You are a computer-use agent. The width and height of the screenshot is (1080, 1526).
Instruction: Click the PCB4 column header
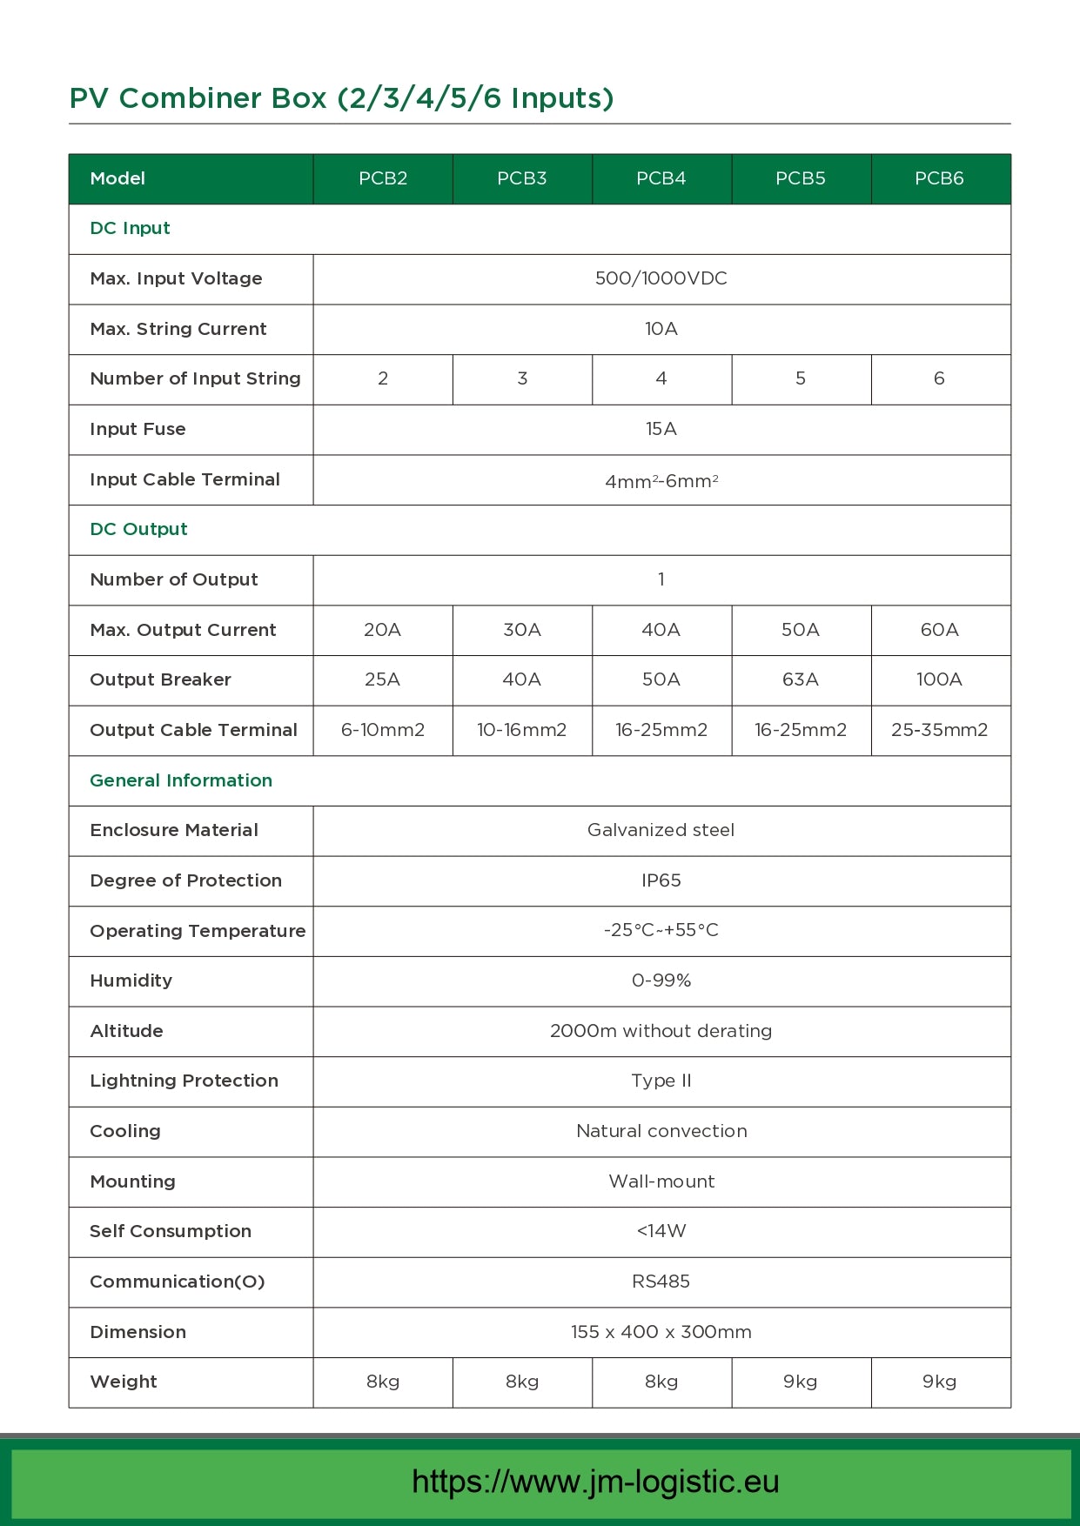661,178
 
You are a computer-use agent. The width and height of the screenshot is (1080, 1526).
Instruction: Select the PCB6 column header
939,178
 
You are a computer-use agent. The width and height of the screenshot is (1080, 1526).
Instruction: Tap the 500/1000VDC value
661,278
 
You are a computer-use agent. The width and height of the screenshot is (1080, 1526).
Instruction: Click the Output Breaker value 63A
801,679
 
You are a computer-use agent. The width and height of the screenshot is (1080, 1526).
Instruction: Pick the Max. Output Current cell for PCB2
382,630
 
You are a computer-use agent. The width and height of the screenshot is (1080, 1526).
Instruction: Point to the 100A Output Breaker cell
939,679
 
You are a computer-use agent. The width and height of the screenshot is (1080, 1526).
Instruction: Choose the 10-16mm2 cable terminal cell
521,730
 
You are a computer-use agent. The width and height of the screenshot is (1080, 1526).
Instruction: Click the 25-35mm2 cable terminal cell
939,730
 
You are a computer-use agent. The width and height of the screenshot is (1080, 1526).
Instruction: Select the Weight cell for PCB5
801,1382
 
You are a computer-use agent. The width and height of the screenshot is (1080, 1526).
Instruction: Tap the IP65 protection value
661,880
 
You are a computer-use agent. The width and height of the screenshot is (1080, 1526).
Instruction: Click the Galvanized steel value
661,830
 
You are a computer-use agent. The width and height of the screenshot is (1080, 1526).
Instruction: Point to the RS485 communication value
661,1282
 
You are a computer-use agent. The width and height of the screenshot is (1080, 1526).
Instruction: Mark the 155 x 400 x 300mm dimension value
661,1332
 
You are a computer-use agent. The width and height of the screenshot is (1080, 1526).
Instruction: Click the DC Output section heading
139,529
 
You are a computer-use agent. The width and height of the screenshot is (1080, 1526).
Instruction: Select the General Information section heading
181,780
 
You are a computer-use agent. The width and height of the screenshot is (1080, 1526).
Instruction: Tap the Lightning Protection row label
184,1081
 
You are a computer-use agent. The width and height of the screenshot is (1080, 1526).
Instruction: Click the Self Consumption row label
171,1231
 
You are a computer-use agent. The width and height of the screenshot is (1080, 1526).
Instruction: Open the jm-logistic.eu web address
595,1482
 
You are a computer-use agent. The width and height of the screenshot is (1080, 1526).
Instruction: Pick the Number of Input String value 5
801,378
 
